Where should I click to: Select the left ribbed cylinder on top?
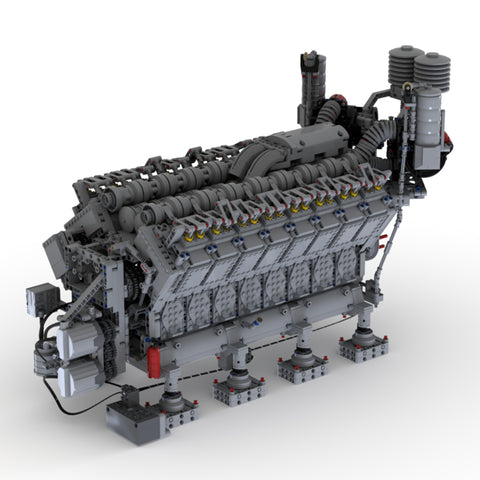[x=405, y=62]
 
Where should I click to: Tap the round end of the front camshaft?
[x=136, y=213]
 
